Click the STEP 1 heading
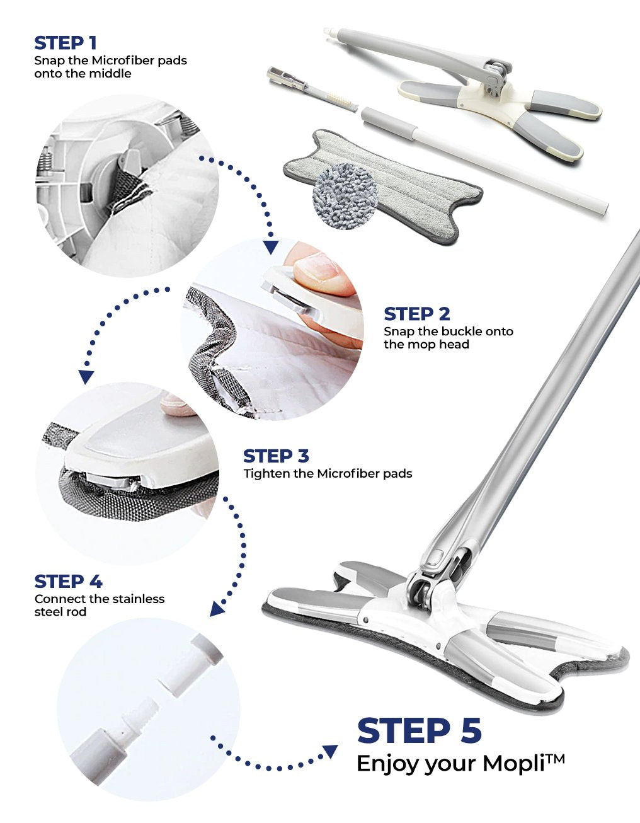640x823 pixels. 66,43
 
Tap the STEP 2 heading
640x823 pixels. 417,314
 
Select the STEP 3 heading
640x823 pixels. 276,456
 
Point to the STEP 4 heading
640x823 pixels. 68,582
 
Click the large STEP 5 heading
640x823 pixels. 420,731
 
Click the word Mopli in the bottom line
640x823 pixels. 513,763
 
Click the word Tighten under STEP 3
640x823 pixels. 267,473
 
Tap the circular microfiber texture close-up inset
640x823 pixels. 345,196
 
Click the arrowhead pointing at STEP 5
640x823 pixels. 329,751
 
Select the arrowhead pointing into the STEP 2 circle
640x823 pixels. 271,246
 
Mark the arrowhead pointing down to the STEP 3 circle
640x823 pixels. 86,376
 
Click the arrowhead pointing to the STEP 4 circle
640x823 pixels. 217,609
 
